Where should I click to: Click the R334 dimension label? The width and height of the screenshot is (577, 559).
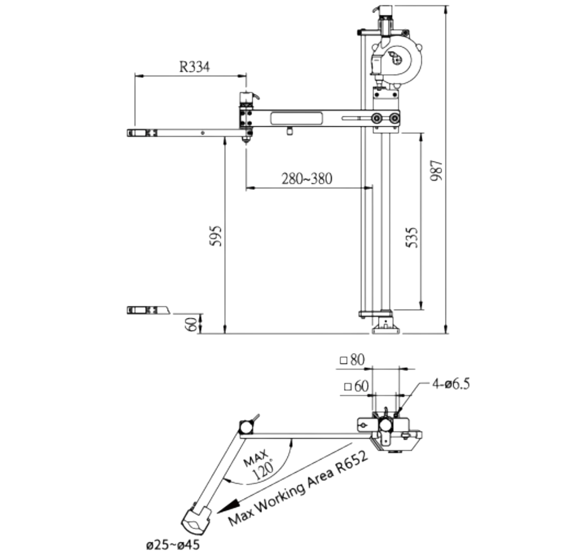pos(194,67)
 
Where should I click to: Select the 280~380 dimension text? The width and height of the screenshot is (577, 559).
pos(307,179)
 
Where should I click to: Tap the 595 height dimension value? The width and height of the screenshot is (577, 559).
pos(216,236)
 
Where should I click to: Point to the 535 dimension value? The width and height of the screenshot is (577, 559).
pos(412,238)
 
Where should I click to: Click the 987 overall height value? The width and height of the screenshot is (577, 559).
pos(436,170)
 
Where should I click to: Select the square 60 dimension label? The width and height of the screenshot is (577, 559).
pos(356,386)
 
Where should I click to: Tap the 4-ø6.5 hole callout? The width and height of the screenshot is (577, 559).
pos(451,384)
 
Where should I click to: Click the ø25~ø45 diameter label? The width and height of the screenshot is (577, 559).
pos(173,544)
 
